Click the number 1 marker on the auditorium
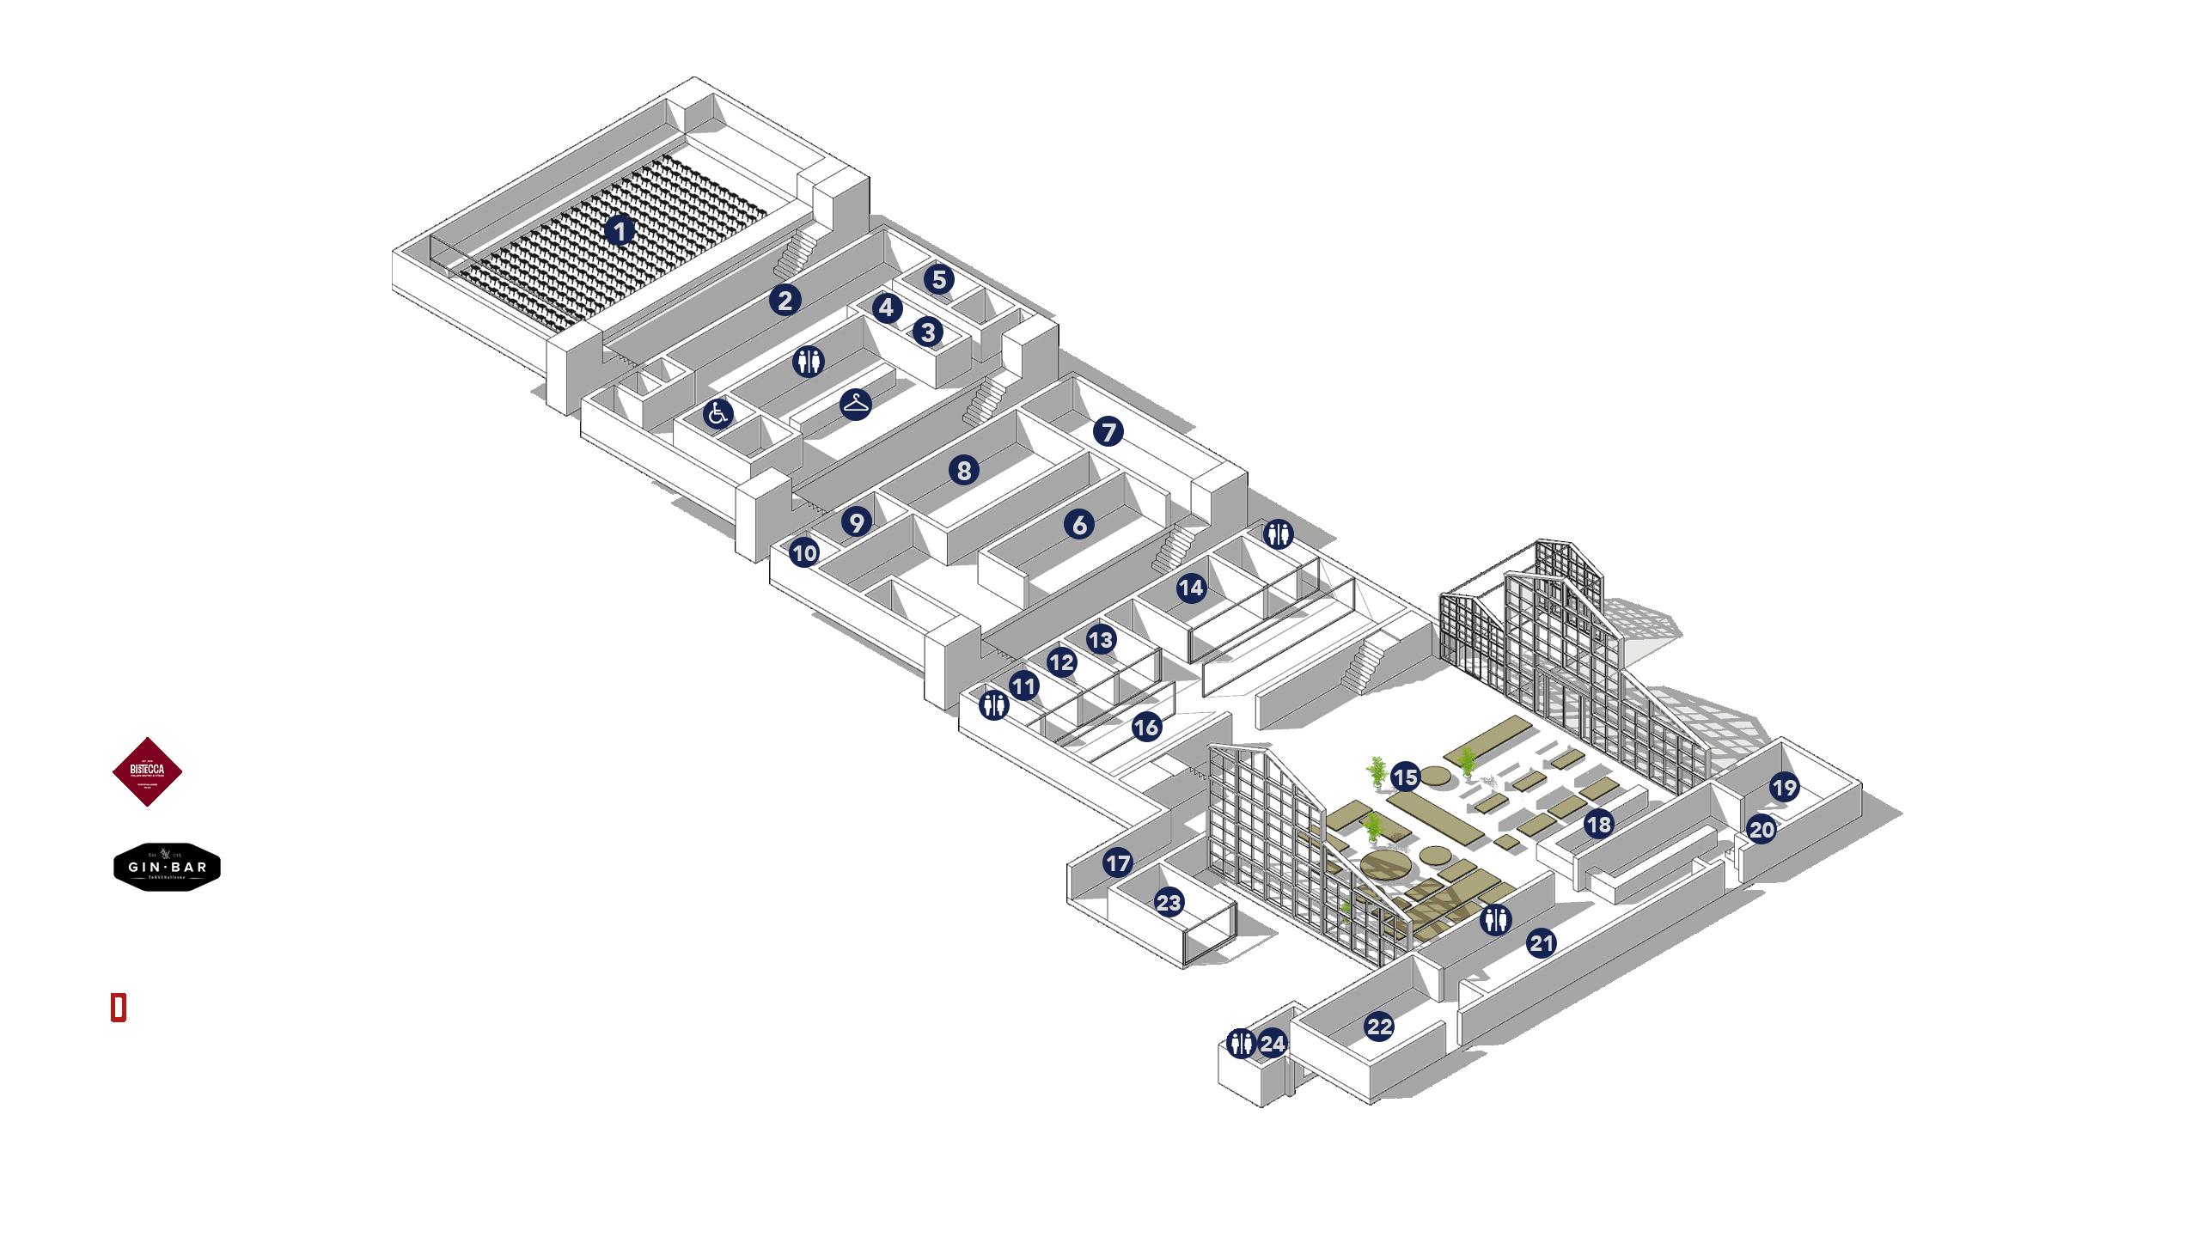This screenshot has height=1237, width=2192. point(619,230)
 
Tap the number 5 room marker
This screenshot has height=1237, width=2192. point(938,279)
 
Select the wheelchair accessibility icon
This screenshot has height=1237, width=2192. point(718,415)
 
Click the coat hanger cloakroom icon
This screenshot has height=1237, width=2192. point(856,404)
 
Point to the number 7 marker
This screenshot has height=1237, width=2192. point(1108,431)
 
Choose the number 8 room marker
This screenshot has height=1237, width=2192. point(964,470)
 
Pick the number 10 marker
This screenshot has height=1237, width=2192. point(804,553)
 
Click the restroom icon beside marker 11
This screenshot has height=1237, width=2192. point(994,705)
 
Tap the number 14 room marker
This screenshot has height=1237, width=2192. point(1191,588)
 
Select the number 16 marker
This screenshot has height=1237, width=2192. point(1146,728)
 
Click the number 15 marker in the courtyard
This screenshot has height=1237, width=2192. point(1406,778)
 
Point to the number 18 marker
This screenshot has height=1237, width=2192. point(1598,825)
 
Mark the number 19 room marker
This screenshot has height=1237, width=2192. point(1785,787)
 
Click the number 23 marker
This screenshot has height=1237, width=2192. point(1169,902)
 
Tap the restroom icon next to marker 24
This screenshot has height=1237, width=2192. point(1241,1044)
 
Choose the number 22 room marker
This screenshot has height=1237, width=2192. point(1379,1027)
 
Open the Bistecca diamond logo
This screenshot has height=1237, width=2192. point(148,771)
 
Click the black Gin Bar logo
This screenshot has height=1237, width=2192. point(168,867)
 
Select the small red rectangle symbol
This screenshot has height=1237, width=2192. point(119,1008)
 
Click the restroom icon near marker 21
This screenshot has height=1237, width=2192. point(1496,920)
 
